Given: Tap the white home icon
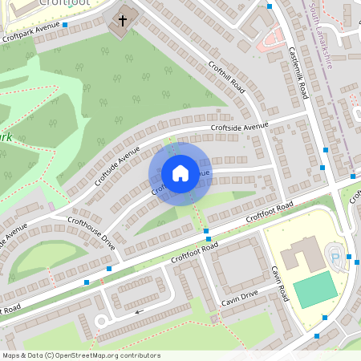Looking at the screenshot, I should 180,173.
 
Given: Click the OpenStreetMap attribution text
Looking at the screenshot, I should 80,355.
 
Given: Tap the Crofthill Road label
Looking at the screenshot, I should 225,77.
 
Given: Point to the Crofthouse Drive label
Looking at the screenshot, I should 91,233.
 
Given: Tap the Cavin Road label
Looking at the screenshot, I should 280,284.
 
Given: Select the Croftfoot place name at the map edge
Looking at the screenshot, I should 64,3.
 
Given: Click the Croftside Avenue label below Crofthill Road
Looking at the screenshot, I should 239,127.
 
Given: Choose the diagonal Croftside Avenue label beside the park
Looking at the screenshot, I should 117,166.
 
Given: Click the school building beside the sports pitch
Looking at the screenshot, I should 301,255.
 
